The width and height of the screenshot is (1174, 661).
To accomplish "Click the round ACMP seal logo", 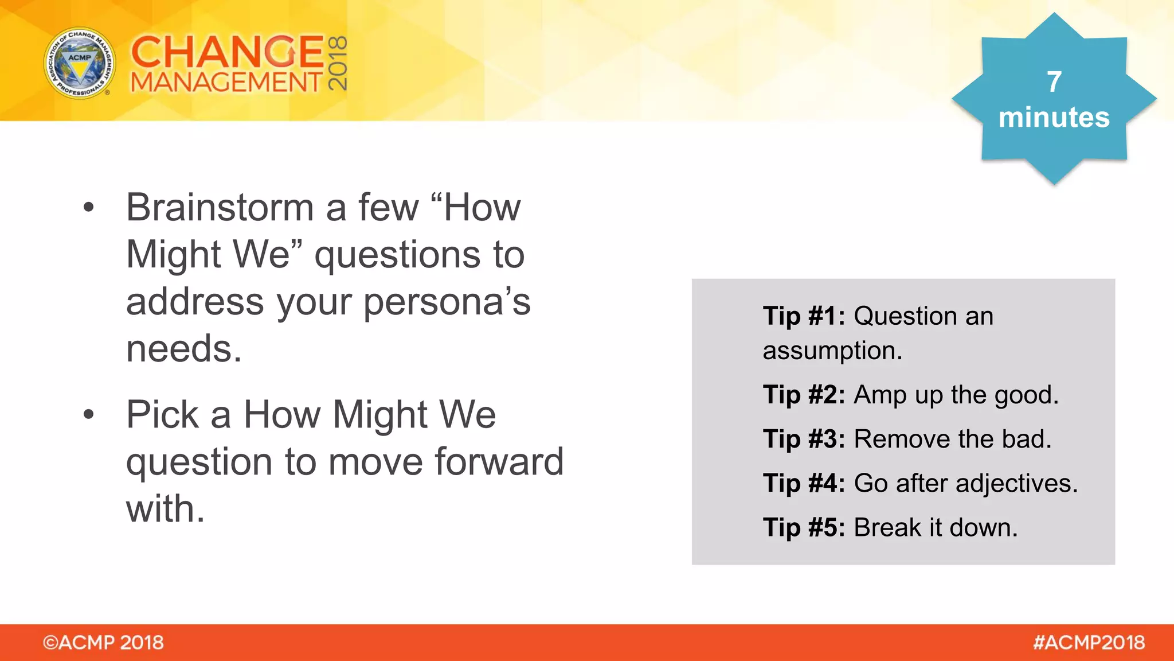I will pyautogui.click(x=80, y=63).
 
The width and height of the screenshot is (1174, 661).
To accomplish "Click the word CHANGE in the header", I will pyautogui.click(x=227, y=52).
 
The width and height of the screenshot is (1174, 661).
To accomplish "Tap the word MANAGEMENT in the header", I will pyautogui.click(x=227, y=83).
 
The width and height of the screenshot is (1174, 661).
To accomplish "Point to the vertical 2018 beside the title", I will pyautogui.click(x=338, y=63).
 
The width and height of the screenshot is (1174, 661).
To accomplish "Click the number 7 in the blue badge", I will pyautogui.click(x=1054, y=81).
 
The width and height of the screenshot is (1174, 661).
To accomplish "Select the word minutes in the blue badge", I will pyautogui.click(x=1054, y=118).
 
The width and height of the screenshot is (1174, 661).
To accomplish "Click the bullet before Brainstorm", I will pyautogui.click(x=88, y=208).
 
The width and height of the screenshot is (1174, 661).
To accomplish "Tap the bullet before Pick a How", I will pyautogui.click(x=88, y=414).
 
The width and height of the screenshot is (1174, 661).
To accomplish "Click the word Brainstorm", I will pyautogui.click(x=220, y=208).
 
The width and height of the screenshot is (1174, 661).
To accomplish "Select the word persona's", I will pyautogui.click(x=447, y=302).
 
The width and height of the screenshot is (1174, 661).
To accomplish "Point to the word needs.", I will pyautogui.click(x=183, y=349).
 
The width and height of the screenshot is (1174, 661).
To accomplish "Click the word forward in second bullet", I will pyautogui.click(x=499, y=461).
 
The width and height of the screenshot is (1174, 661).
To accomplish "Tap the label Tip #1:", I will pyautogui.click(x=804, y=316).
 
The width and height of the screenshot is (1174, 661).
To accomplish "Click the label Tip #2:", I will pyautogui.click(x=804, y=395).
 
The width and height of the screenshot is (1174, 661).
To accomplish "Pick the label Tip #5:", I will pyautogui.click(x=804, y=528).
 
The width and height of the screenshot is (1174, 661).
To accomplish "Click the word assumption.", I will pyautogui.click(x=832, y=351).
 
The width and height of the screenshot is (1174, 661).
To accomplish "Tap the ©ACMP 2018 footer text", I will pyautogui.click(x=103, y=643).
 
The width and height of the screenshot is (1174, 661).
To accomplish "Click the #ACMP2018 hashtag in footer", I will pyautogui.click(x=1089, y=643).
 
